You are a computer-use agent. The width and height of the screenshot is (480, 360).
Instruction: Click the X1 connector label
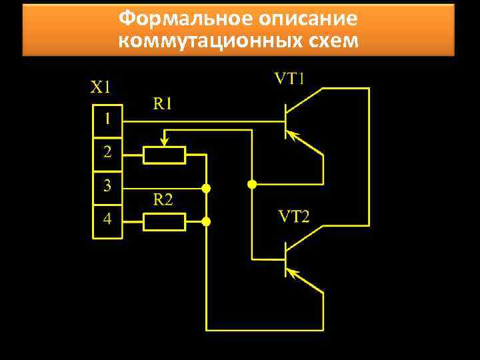pos(101,87)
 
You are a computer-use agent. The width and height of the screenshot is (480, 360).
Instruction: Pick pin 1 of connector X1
pos(106,121)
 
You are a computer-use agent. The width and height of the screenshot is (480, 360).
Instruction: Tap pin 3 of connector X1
pos(106,185)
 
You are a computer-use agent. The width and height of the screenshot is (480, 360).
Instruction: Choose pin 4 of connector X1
pos(106,218)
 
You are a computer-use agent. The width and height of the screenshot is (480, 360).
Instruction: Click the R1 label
pos(163,103)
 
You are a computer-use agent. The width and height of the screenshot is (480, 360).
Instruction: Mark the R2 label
pos(163,199)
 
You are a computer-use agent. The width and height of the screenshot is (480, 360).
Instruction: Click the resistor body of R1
pos(164,156)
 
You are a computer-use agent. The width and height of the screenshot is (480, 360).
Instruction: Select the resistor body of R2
pos(164,221)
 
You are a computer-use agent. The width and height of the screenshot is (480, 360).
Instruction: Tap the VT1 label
pos(290,79)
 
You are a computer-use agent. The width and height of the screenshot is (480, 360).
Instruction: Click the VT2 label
pos(293,217)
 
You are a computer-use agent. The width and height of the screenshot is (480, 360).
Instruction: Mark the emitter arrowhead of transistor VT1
pos(295,137)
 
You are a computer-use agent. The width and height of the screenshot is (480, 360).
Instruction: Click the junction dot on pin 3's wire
pos(207,189)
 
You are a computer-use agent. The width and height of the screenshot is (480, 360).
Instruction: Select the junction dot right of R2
pos(207,221)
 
